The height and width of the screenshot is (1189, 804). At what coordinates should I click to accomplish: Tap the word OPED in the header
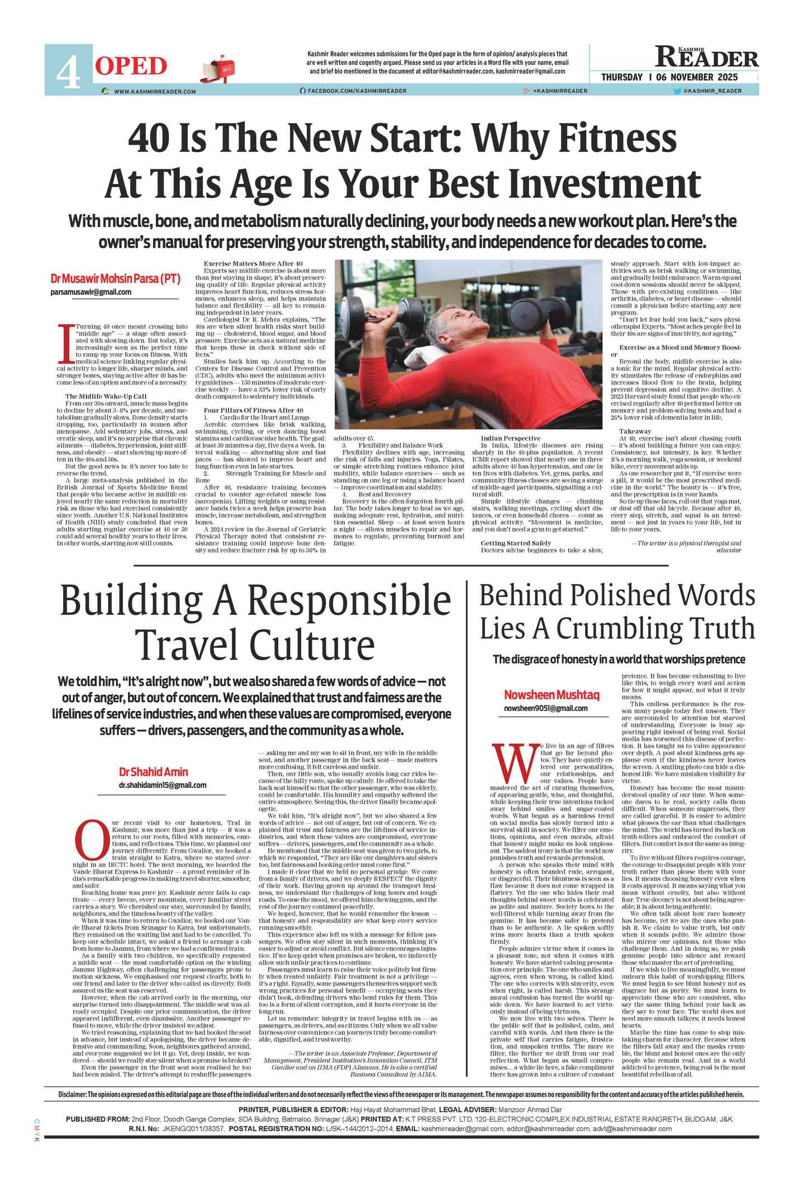pyautogui.click(x=131, y=67)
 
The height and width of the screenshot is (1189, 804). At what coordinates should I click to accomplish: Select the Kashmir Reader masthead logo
pyautogui.click(x=707, y=57)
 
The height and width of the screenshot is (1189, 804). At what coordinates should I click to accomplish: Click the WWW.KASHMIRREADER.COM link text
pyautogui.click(x=155, y=91)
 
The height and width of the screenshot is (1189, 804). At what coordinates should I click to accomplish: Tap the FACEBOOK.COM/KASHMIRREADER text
pyautogui.click(x=356, y=91)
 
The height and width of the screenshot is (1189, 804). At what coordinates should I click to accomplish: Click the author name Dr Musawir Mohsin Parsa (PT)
pyautogui.click(x=115, y=278)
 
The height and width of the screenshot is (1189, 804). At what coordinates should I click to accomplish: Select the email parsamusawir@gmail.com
pyautogui.click(x=91, y=292)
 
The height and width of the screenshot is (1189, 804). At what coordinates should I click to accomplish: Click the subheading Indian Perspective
pyautogui.click(x=511, y=438)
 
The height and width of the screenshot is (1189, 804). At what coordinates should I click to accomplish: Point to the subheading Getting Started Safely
pyautogui.click(x=516, y=543)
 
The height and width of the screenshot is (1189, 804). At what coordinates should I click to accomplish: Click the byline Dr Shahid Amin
pyautogui.click(x=153, y=772)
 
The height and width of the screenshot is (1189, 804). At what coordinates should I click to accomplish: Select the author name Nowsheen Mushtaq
pyautogui.click(x=551, y=695)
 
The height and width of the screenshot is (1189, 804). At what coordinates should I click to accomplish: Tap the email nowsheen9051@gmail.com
pyautogui.click(x=545, y=708)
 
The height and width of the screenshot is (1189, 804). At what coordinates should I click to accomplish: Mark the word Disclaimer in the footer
pyautogui.click(x=72, y=1094)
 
